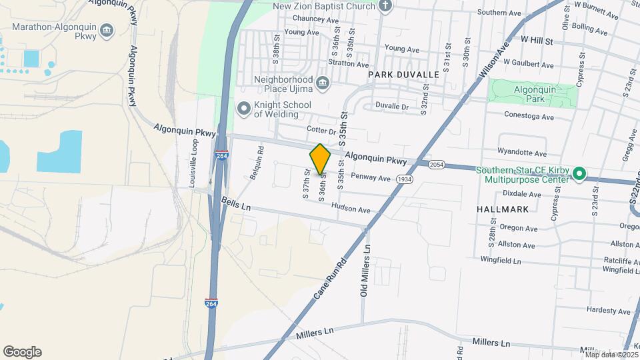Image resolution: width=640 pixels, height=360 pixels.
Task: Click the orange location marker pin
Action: click(321, 159)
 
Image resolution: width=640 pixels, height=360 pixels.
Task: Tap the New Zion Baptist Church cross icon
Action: click(385, 6)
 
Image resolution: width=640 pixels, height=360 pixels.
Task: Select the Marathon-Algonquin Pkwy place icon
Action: click(107, 30)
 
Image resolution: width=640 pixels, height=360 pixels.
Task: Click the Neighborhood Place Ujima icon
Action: click(323, 83)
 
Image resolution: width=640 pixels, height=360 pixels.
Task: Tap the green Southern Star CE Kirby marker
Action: click(579, 175)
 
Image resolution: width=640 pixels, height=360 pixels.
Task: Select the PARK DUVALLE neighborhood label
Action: click(403, 75)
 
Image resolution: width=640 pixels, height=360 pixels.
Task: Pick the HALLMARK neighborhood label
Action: click(503, 209)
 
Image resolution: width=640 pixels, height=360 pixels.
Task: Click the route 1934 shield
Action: click(404, 179)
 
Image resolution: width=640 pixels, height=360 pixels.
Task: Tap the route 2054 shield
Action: click(437, 164)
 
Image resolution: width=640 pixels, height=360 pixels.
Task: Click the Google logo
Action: click(22, 351)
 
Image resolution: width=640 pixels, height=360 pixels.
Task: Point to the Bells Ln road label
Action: click(236, 203)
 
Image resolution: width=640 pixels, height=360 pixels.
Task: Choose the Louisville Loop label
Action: click(195, 163)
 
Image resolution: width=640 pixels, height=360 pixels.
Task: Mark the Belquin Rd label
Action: click(257, 163)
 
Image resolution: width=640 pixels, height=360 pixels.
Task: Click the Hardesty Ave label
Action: click(609, 311)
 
